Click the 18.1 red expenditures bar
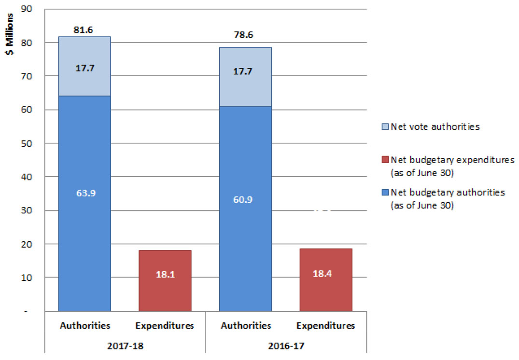click(x=165, y=280)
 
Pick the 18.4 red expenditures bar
click(x=326, y=280)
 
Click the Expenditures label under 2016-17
click(x=326, y=326)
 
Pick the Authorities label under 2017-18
click(x=84, y=326)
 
